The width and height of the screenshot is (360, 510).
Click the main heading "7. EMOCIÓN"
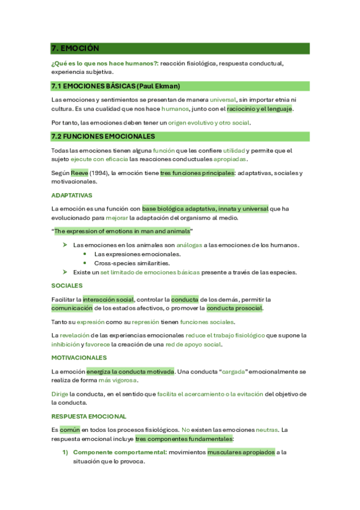click(75, 48)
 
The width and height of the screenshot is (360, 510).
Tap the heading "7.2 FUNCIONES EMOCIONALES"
click(103, 137)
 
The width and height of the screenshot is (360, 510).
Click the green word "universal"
click(223, 99)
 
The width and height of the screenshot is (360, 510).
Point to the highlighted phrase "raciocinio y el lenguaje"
click(259, 109)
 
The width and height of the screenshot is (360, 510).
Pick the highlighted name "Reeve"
click(79, 173)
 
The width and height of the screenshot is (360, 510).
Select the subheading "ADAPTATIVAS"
click(72, 195)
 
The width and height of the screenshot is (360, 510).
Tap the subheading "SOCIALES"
click(67, 286)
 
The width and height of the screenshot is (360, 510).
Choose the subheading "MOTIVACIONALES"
click(79, 357)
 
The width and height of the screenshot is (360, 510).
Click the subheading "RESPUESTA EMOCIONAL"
click(89, 416)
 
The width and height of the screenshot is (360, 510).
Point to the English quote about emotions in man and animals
click(123, 231)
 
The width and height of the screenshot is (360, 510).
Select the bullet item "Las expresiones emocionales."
click(136, 254)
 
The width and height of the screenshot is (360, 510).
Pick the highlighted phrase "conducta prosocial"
click(234, 309)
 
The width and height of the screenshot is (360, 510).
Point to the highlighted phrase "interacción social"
click(108, 299)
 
